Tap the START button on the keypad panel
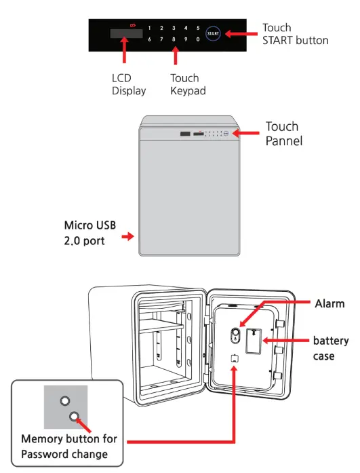213,33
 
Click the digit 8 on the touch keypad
174,39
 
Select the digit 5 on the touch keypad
198,28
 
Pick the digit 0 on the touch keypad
198,39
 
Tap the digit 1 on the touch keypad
149,28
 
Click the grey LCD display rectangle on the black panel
127,33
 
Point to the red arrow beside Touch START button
241,34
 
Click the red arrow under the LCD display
124,50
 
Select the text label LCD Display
129,84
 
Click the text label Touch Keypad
188,84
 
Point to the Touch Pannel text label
284,134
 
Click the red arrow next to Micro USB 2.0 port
127,236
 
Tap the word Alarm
329,303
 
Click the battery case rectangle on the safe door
254,341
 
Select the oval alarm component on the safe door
235,335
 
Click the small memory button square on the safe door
235,358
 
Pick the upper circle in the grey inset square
65,401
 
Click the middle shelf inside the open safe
161,327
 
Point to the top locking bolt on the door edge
279,324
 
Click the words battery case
331,348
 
